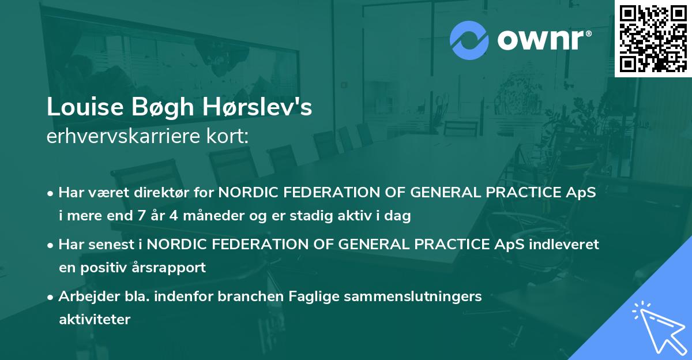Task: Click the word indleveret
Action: [566, 244]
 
